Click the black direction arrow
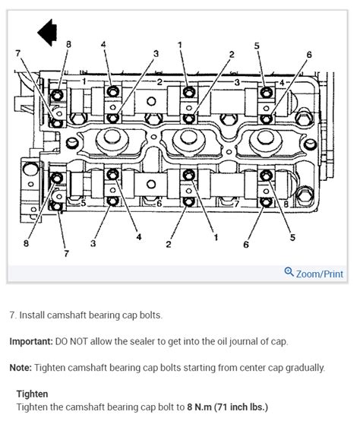47,33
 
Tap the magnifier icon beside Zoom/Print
289,273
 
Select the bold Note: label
21,368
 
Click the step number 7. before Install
13,315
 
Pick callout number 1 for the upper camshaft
181,46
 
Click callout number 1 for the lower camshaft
216,237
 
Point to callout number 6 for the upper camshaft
309,55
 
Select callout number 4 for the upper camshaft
103,46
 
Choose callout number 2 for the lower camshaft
168,245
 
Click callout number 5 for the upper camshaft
257,46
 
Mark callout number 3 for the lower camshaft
93,245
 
